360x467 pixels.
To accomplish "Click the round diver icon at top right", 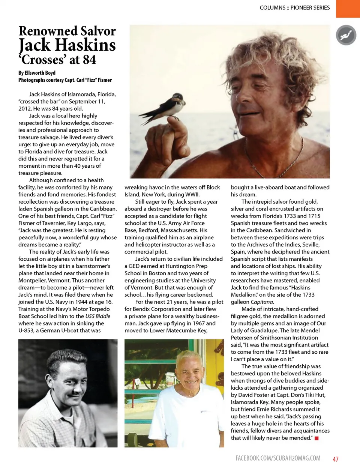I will [346, 35].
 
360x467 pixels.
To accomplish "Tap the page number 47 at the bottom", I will [336, 459].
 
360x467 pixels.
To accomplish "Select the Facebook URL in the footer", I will [277, 458].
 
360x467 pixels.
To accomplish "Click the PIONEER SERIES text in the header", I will [310, 8].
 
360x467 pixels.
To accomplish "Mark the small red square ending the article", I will [316, 438].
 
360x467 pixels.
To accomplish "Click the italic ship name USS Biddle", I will [98, 316].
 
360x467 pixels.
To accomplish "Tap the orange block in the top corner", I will [348, 8].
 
